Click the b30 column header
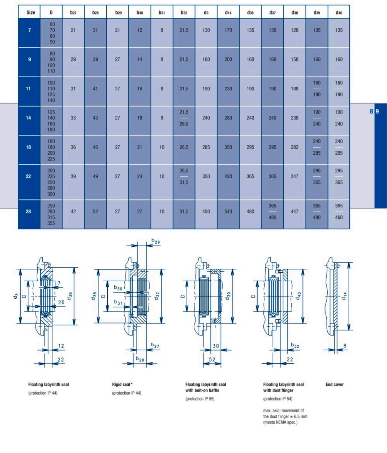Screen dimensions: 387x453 140,12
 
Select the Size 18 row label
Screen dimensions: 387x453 28,147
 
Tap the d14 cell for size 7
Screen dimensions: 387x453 228,30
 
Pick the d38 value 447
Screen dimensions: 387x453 295,212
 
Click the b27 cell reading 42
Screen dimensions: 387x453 73,212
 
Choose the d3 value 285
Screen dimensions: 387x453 206,147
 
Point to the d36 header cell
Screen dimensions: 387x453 250,12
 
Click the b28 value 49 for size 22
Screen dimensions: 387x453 95,176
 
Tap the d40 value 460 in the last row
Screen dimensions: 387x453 339,217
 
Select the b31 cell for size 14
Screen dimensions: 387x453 162,118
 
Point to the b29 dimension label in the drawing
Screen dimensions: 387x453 156,241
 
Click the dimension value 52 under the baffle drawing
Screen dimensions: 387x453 212,359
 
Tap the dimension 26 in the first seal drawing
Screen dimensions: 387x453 61,302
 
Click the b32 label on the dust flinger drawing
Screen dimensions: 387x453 295,345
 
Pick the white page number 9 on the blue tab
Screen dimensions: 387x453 377,111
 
